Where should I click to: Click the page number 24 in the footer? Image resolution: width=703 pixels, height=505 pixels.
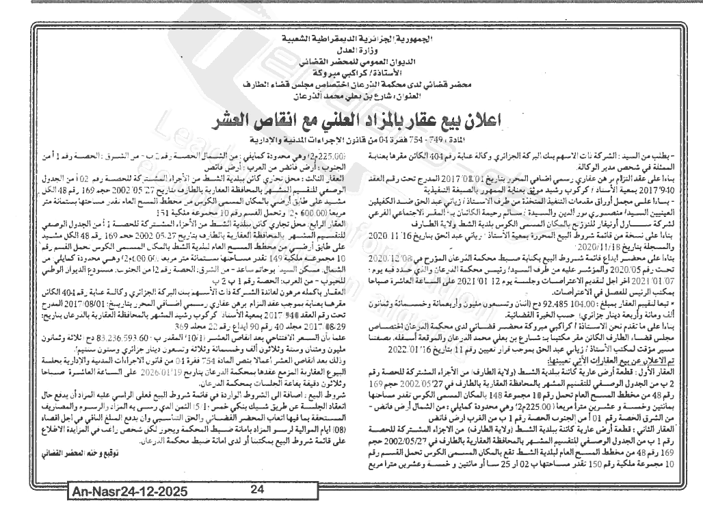(x=256, y=490)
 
